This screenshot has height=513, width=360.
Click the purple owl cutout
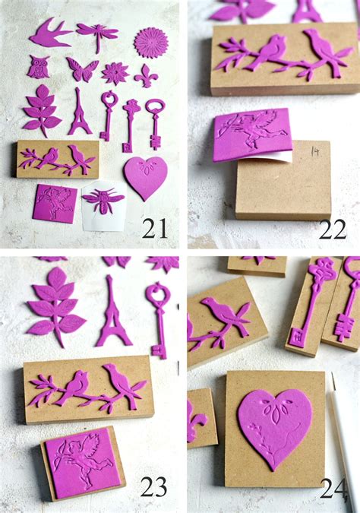(38, 67)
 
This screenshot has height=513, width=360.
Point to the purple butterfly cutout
(82, 68)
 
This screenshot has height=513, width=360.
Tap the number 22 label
(332, 229)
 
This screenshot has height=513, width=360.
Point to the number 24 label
(333, 489)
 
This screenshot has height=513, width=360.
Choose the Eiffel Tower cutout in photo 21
(79, 112)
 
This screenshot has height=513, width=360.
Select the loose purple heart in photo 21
(145, 176)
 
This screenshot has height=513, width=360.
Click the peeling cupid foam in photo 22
(250, 133)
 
